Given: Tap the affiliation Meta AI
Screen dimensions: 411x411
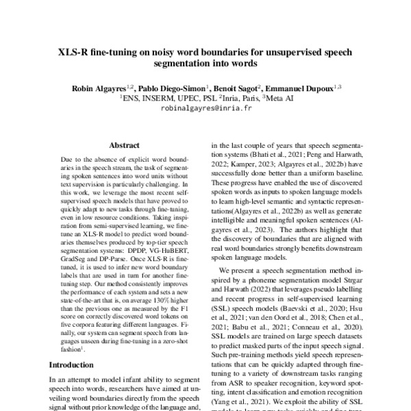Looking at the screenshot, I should coord(280,99).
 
